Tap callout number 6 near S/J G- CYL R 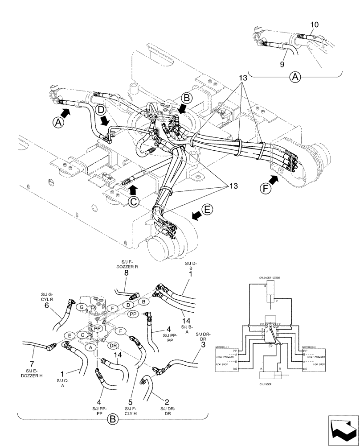pos(46,306)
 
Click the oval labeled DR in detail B pos(113,345)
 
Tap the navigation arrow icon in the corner pos(343,430)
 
